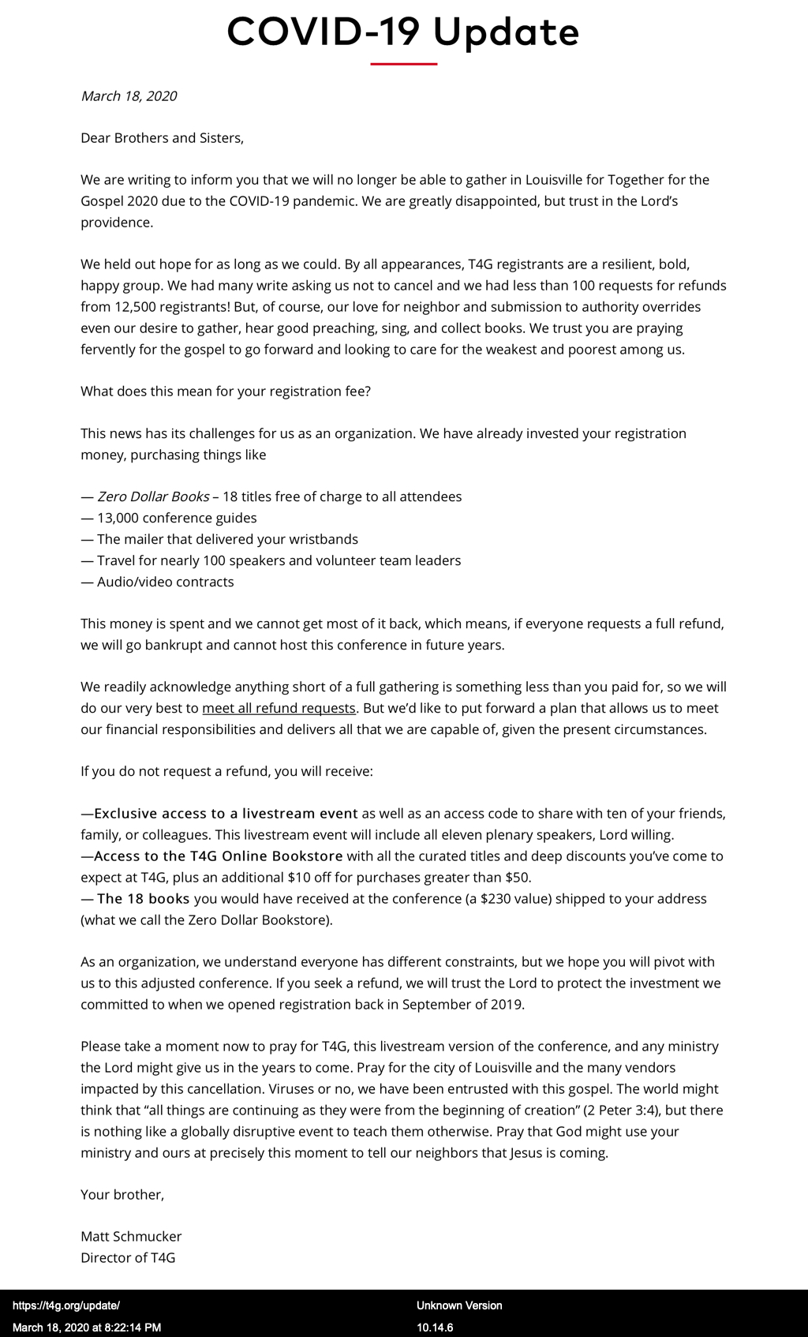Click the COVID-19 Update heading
pos(403,32)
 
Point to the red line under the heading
pos(403,64)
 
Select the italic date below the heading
pos(129,96)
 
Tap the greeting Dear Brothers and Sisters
pos(162,138)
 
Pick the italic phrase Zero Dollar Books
pos(153,496)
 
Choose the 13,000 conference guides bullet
pos(177,518)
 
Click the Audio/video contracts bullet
pos(165,582)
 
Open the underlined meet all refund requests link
pos(279,708)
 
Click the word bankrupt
pos(169,645)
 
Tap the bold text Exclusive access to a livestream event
pos(226,813)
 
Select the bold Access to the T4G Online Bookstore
pos(219,856)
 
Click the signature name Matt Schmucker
pos(131,1236)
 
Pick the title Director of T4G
pos(128,1257)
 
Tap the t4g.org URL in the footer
pos(66,1305)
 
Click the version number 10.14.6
pos(435,1328)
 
